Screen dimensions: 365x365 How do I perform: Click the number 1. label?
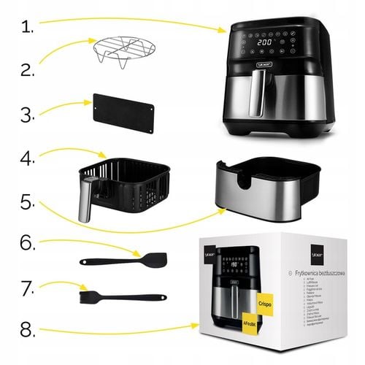[x=26, y=27]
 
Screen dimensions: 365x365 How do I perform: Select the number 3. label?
[x=26, y=115]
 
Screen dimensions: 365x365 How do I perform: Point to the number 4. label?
[x=27, y=158]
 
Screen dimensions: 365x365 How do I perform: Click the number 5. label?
[x=26, y=201]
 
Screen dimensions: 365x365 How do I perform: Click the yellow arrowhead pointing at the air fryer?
[x=225, y=31]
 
